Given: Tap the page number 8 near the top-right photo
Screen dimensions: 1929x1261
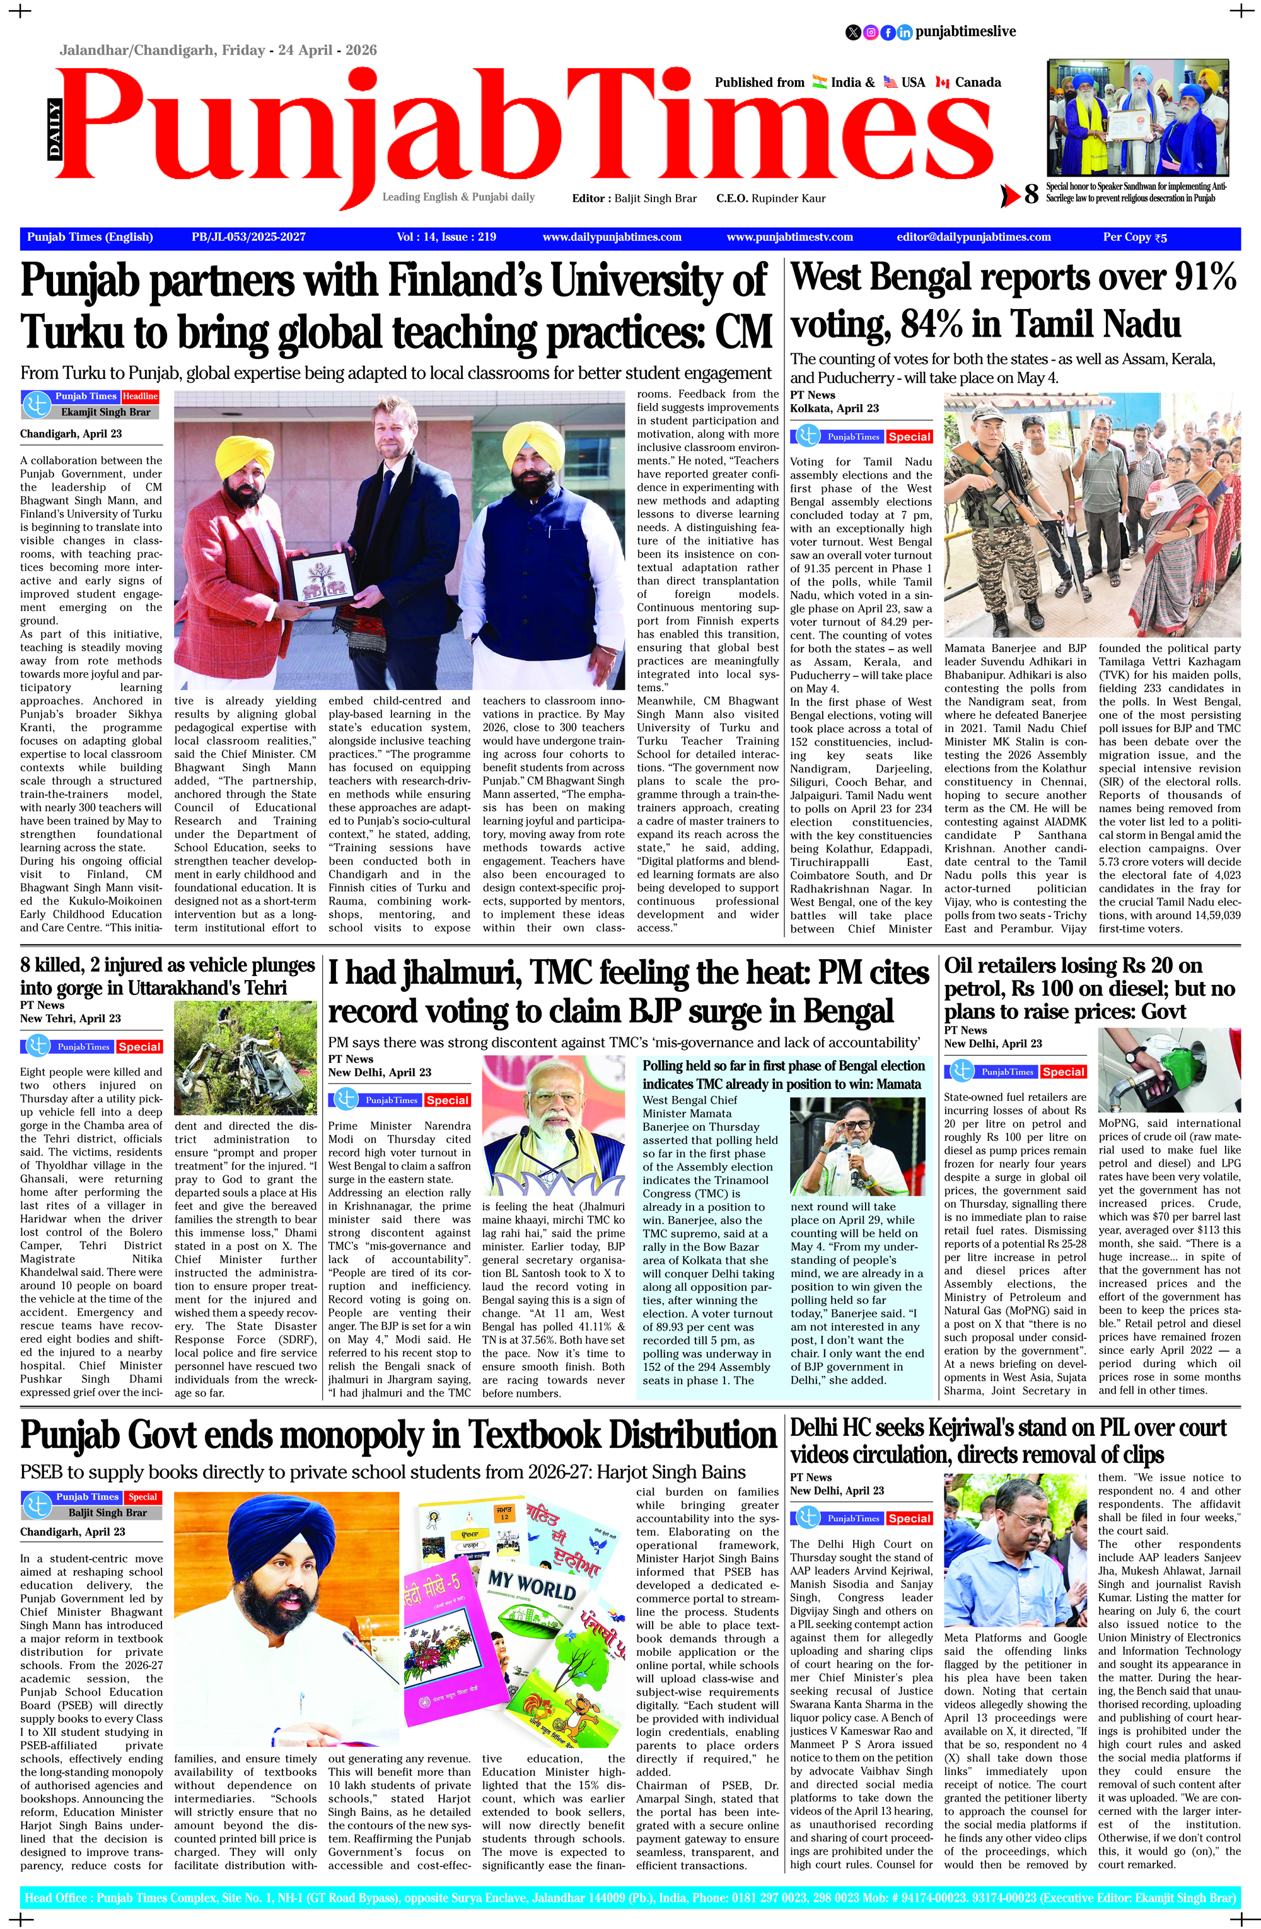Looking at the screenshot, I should click(x=1031, y=194).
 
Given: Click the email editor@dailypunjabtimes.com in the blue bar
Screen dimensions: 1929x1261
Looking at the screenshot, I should click(x=973, y=236).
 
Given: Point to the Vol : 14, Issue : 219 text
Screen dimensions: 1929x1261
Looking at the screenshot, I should click(x=446, y=236).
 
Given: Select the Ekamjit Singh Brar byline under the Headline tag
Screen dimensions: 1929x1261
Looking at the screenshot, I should click(x=106, y=412).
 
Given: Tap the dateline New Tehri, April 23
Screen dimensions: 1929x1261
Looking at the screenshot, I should click(x=71, y=1018).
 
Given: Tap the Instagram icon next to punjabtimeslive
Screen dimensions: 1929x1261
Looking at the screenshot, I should click(x=870, y=32).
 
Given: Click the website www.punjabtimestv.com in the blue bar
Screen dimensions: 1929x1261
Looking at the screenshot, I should click(x=789, y=236).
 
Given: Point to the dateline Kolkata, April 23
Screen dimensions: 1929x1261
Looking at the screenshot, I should click(x=834, y=408).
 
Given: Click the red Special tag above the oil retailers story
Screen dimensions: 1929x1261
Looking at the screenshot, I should click(x=1062, y=1071).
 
